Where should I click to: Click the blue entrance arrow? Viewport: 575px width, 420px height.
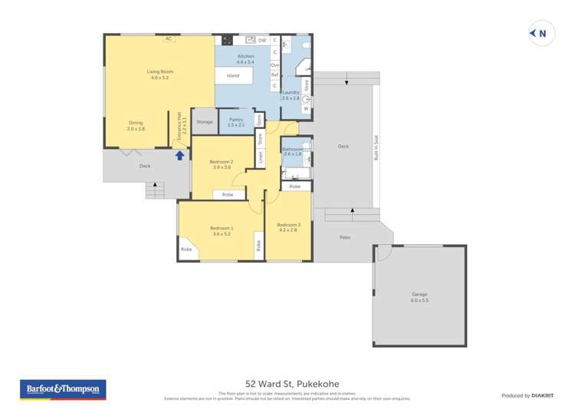(180, 155)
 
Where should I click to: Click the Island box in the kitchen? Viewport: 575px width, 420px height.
(232, 75)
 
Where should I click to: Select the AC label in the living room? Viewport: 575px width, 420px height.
(168, 38)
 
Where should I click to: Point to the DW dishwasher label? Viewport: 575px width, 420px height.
(261, 40)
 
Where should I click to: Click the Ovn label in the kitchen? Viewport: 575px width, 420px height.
(274, 65)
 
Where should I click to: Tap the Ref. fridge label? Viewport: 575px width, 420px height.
(274, 75)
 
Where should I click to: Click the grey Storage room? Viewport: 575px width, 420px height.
(204, 122)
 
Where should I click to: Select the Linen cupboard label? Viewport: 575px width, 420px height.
(261, 157)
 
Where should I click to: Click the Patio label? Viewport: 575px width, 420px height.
(345, 237)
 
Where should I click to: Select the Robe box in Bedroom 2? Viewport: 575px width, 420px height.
(228, 195)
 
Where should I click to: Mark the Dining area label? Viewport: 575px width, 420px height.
(136, 126)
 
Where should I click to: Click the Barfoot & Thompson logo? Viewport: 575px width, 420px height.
(63, 389)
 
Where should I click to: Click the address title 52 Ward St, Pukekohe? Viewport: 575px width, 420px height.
(292, 384)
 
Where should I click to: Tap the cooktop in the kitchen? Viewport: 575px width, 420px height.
(227, 40)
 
